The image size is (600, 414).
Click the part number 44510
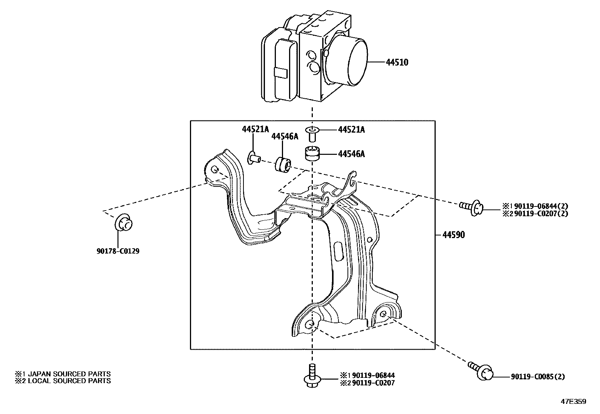coord(397,63)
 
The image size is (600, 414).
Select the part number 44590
coord(453,235)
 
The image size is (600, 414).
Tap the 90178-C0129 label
coord(118,251)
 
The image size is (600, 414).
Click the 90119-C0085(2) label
coord(538,376)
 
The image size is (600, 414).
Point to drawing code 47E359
coord(574,402)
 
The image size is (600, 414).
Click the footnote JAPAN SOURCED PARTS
coord(69,374)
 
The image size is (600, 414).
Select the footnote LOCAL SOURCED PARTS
coord(69,381)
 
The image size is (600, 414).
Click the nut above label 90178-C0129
coord(124,223)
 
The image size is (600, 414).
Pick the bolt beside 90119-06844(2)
coord(471,208)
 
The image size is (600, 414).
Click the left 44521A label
coord(255,129)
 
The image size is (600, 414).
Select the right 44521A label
coord(351,130)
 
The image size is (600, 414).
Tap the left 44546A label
coord(285,136)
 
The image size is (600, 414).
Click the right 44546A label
coord(351,154)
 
